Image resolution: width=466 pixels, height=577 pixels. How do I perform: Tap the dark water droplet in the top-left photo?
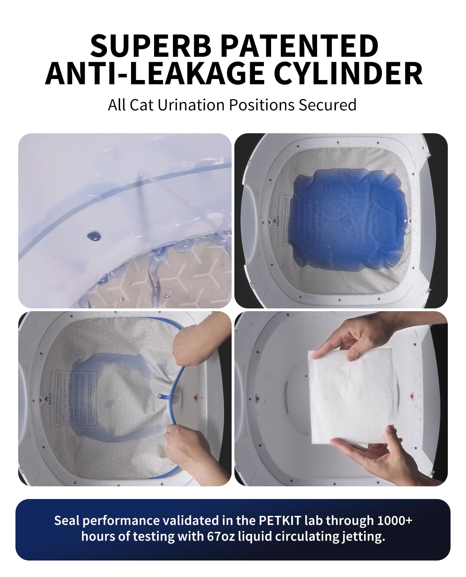(93, 236)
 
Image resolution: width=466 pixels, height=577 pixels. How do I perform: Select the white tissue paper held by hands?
(353, 398)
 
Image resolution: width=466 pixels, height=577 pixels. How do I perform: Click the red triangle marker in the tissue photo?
(412, 397)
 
